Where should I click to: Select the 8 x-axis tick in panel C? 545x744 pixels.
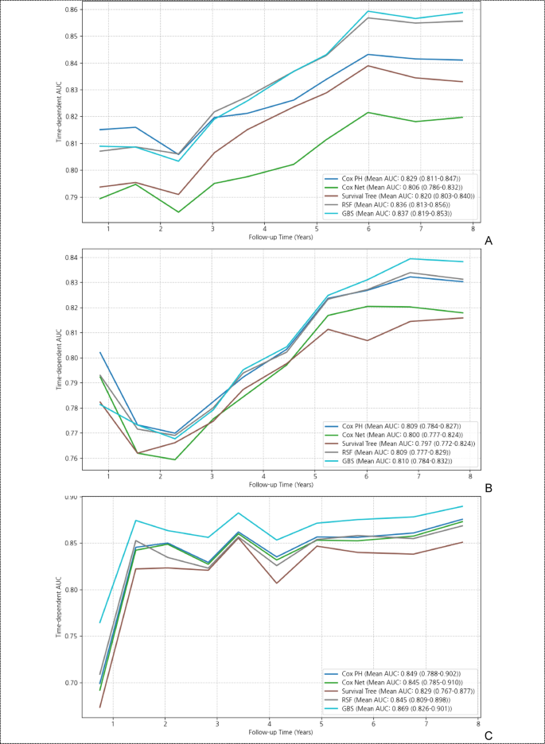(477, 723)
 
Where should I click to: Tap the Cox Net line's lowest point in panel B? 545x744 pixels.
(175, 459)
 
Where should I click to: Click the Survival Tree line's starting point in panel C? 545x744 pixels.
(100, 707)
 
